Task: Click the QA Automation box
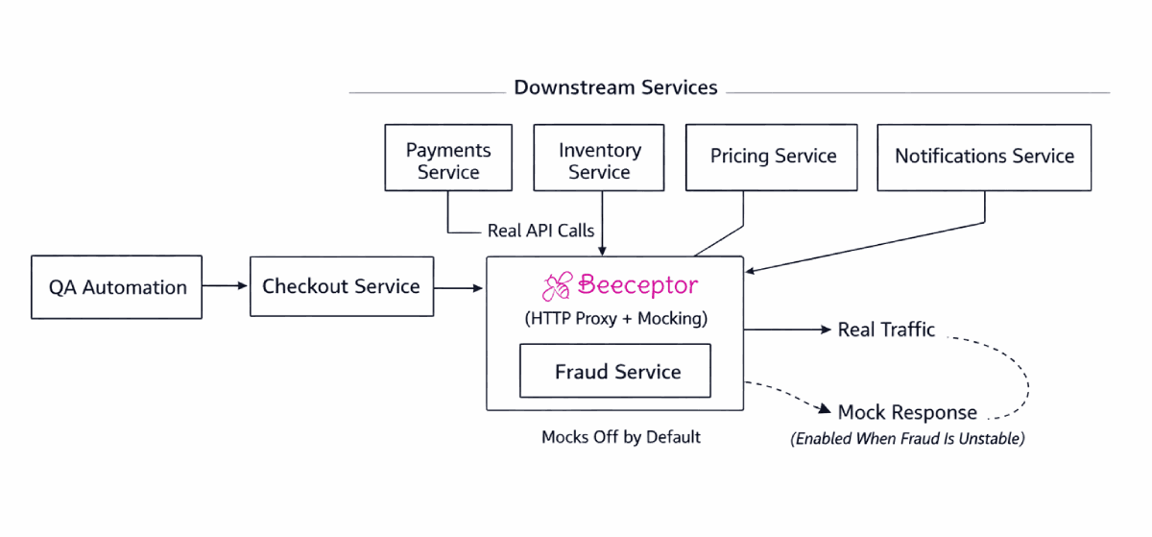[117, 286]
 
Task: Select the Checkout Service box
[341, 286]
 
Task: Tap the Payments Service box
[448, 158]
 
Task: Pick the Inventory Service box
[599, 158]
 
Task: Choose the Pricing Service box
[773, 157]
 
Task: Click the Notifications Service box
[984, 157]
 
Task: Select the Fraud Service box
[615, 371]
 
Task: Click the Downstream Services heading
[615, 87]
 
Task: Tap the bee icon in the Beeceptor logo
[557, 286]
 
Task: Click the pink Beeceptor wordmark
[637, 285]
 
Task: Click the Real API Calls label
[540, 231]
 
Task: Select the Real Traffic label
[885, 330]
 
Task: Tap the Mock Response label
[906, 412]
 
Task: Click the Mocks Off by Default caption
[620, 437]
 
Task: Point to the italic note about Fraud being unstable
[907, 439]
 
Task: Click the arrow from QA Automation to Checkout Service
[226, 286]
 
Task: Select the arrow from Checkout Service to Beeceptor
[459, 286]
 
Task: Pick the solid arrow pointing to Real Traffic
[787, 330]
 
